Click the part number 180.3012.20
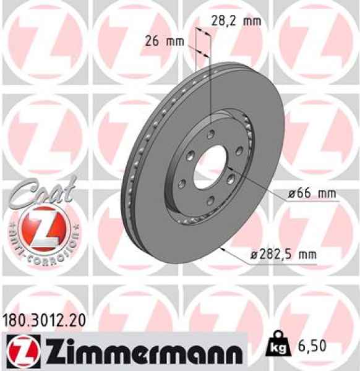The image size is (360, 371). pos(41,320)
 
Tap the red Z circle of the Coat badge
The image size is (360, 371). pos(41,227)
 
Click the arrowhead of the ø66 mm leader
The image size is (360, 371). pos(229,168)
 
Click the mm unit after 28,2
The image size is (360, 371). pos(251,20)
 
